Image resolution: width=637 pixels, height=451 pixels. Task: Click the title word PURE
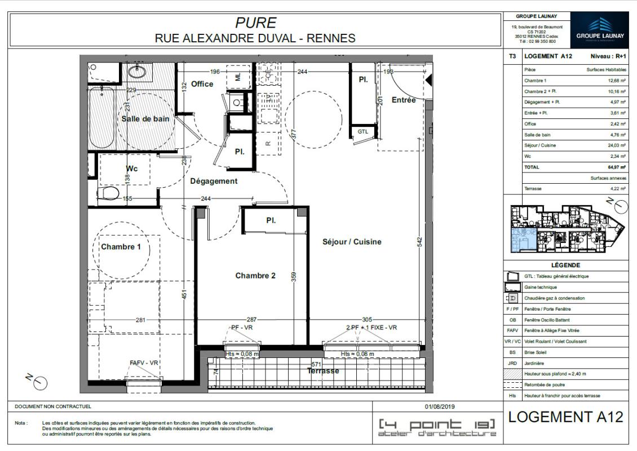255,23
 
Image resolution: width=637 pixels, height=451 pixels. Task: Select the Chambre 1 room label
121,246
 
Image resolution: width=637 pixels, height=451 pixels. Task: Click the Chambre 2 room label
255,276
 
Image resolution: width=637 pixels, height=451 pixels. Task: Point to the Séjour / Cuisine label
352,242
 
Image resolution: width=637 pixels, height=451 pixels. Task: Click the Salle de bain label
145,119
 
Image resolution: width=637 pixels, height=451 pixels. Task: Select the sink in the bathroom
136,72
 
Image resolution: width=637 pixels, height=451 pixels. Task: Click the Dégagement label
214,181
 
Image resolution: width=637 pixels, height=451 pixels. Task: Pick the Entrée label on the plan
404,100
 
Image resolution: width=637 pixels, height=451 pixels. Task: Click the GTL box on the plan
363,132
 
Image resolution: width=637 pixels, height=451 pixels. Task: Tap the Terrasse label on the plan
323,371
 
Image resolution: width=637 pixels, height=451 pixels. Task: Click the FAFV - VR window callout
143,363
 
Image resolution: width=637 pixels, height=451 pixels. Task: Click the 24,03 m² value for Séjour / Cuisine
616,145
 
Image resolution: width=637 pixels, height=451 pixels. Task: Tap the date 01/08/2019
440,406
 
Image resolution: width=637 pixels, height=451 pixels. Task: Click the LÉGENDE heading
565,265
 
